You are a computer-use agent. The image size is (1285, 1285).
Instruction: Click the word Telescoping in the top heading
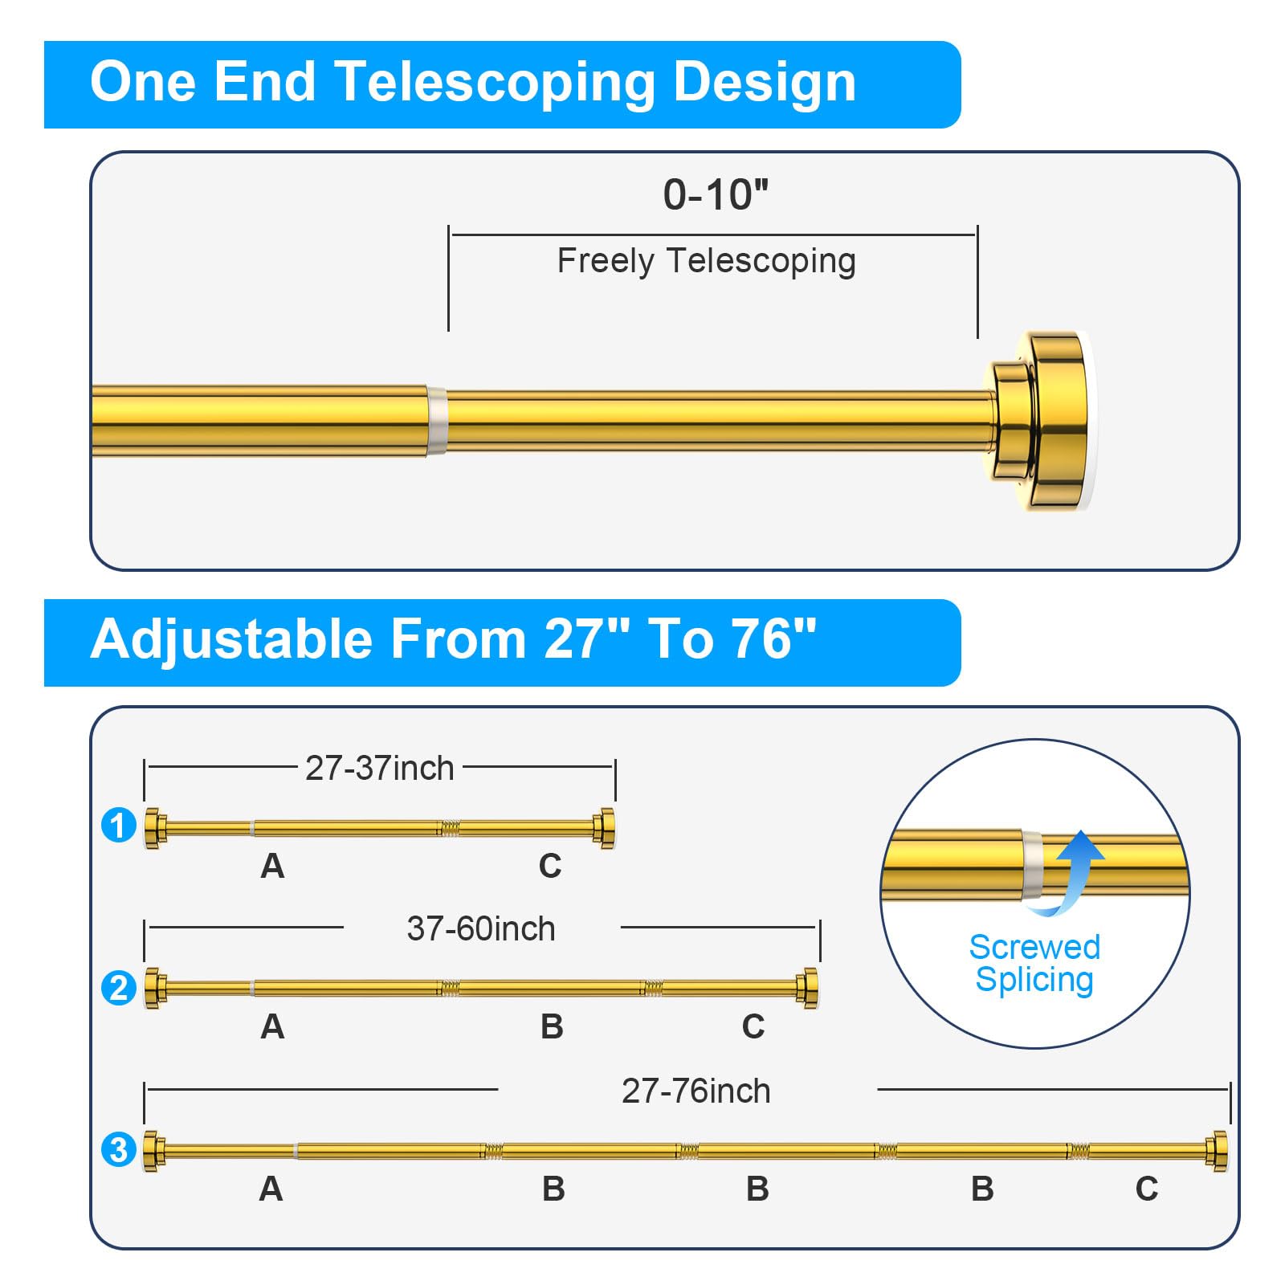495,84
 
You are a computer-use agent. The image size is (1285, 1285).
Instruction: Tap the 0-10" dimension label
715,195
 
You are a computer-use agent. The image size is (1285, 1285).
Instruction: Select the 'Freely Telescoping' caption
706,261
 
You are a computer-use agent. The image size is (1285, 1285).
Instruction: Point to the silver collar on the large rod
436,421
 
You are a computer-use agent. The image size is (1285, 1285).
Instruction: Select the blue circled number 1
119,826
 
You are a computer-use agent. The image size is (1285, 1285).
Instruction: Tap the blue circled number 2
119,987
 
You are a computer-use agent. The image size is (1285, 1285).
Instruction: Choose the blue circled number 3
119,1149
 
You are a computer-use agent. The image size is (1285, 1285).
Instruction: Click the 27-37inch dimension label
379,769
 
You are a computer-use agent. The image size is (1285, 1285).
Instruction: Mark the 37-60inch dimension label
481,929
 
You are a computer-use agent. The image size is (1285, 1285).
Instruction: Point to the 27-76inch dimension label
696,1091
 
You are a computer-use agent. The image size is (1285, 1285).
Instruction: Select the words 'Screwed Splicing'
1034,964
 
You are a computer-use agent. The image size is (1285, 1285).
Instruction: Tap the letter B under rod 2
552,1027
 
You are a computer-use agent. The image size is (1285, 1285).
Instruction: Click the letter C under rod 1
550,866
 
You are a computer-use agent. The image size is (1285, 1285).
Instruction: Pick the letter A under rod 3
271,1189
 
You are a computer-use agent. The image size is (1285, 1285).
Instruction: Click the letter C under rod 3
1147,1189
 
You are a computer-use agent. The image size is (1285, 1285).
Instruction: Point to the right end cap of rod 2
808,988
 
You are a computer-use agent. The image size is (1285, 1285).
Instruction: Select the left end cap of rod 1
155,827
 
